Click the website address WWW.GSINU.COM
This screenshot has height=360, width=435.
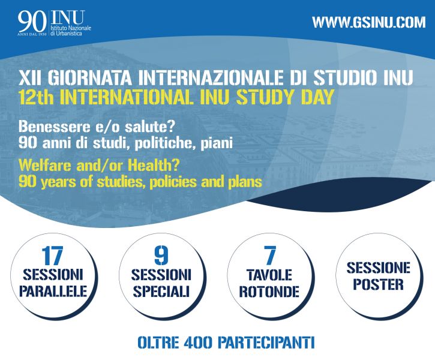point(368,22)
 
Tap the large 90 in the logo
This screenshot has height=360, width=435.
point(32,22)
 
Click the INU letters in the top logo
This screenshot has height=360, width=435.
point(68,18)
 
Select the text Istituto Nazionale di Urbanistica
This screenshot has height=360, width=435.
point(71,31)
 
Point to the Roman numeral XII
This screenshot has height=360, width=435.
point(29,77)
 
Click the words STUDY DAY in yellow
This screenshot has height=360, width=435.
point(285,97)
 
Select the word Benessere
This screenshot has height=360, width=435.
point(52,127)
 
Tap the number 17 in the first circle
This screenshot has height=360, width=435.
point(52,256)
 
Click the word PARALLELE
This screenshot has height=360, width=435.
point(53,291)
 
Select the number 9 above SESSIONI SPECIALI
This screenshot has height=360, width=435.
point(161,256)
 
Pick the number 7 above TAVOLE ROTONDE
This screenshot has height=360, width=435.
point(269,256)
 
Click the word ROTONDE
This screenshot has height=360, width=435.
point(269,291)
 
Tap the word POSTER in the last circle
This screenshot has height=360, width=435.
point(379,284)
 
